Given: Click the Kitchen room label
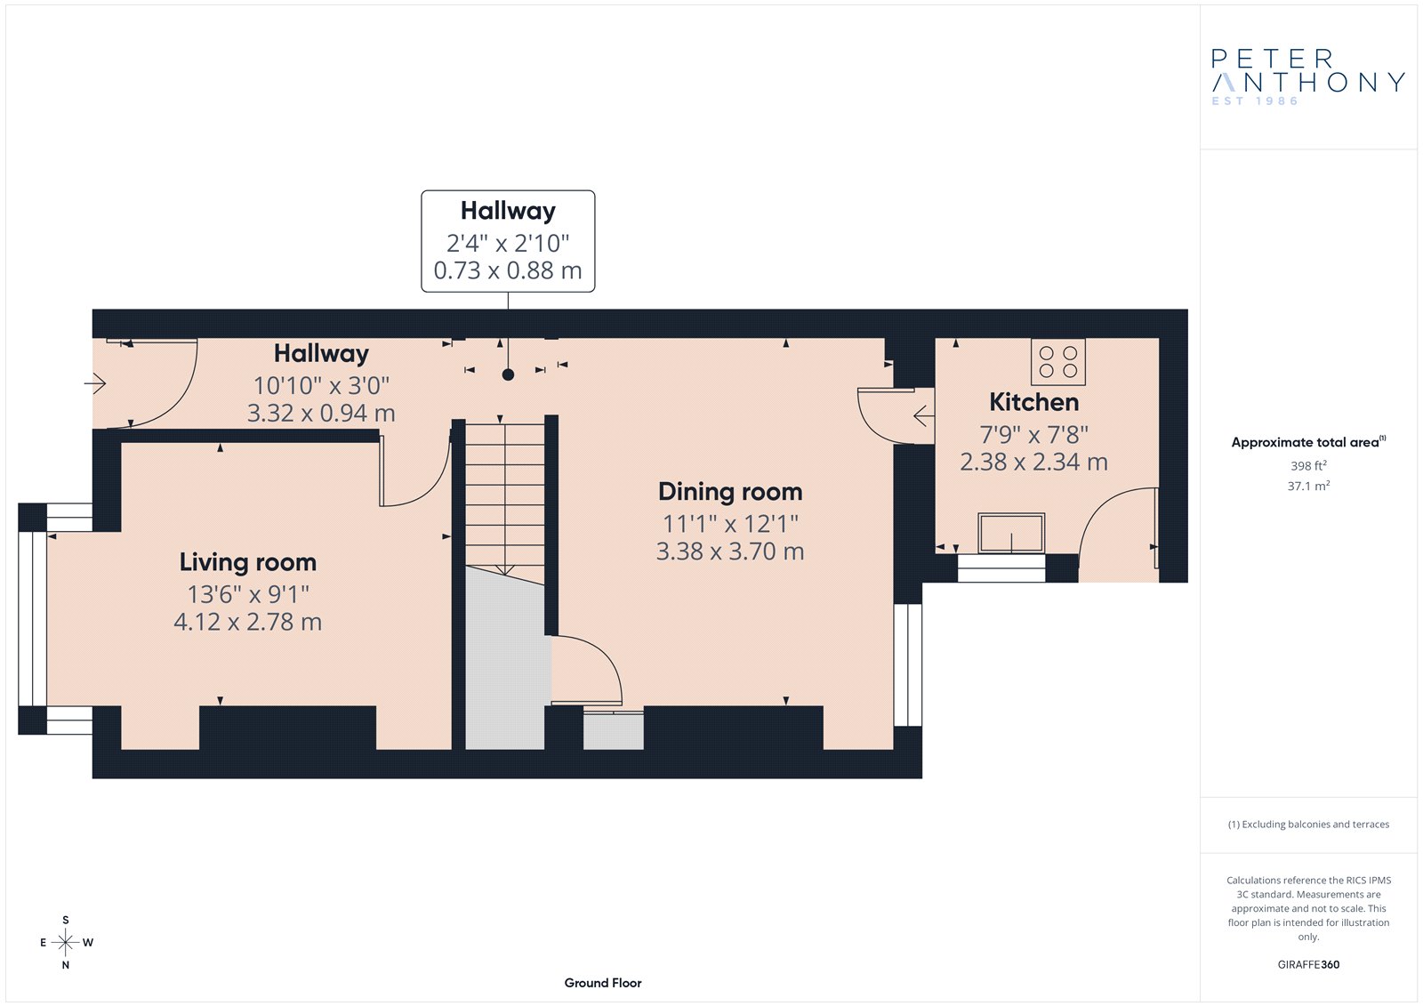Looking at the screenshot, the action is tap(1033, 402).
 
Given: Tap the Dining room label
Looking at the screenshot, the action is tap(730, 492).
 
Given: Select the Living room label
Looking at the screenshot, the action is tap(248, 562).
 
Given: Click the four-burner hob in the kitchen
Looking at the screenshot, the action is tap(1057, 362).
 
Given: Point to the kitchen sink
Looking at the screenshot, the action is tap(1011, 533).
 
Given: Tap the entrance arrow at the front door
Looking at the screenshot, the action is tap(94, 383).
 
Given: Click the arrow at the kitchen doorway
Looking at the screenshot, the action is tap(924, 416).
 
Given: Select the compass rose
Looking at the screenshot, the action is tap(66, 943).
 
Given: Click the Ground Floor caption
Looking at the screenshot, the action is tap(603, 983).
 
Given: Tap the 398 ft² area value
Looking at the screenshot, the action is tap(1308, 466).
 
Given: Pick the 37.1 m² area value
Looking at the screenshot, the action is tap(1308, 487).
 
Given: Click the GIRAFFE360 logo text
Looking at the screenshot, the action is tap(1308, 965).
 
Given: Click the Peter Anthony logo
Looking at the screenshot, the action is tap(1307, 76).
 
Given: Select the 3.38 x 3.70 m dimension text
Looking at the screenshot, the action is tap(730, 551).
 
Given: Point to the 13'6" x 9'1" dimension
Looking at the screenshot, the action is tap(248, 595).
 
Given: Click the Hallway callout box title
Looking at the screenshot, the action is tap(508, 211).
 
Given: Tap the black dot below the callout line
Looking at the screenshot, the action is tap(508, 375).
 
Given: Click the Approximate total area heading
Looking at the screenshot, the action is tap(1308, 442).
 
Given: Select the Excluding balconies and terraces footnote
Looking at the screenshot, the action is tap(1308, 825).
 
